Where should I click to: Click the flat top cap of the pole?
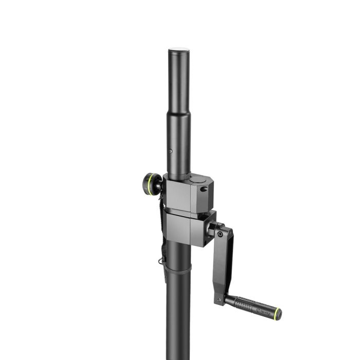[x=178, y=50]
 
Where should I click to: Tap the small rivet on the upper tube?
[x=171, y=151]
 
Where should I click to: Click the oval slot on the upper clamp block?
[x=204, y=189]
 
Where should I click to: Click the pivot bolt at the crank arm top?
[x=220, y=234]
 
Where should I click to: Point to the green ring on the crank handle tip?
[x=278, y=313]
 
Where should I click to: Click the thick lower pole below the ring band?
[x=178, y=319]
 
